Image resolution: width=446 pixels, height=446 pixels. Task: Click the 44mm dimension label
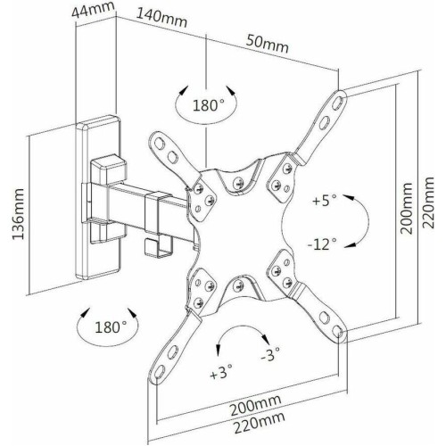(93, 11)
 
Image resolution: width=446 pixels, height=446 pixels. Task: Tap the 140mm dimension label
(161, 18)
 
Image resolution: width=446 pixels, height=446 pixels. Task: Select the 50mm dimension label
(267, 44)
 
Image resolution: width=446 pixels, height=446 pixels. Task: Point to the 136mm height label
(18, 213)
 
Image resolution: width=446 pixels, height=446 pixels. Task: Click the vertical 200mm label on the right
(407, 208)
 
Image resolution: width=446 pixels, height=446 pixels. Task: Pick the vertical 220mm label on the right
(427, 202)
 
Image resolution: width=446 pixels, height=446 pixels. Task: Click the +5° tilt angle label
(325, 200)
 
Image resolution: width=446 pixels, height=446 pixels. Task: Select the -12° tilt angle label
(322, 244)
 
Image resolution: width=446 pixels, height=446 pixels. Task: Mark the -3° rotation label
(270, 353)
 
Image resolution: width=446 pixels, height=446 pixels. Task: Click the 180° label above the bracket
(209, 105)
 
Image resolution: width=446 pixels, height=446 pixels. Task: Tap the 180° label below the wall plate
(111, 327)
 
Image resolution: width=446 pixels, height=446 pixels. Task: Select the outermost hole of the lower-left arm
(160, 371)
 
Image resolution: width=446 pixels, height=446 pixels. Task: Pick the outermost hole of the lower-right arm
(336, 330)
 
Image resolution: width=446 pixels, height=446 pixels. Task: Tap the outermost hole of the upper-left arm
(159, 145)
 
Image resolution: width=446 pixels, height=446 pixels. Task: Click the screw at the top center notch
(238, 183)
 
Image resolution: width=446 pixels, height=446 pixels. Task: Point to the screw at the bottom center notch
(238, 285)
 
